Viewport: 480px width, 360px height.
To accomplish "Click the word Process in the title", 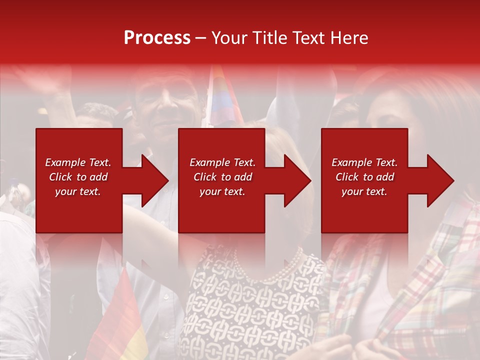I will [x=157, y=38].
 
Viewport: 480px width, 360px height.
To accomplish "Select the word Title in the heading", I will [x=269, y=38].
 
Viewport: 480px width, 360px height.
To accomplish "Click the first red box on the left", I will [x=79, y=215].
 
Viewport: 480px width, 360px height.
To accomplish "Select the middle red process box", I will [x=221, y=215].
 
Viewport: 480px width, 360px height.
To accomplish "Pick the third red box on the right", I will [x=364, y=215].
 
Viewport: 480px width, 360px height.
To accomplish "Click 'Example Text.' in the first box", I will [x=78, y=162].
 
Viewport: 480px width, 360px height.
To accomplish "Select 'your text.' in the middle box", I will [x=222, y=191].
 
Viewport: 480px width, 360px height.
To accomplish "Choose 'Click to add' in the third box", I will [x=364, y=177].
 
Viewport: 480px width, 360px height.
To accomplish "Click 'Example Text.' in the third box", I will [x=364, y=162].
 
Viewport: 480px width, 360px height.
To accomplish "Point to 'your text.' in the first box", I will [x=78, y=191].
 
